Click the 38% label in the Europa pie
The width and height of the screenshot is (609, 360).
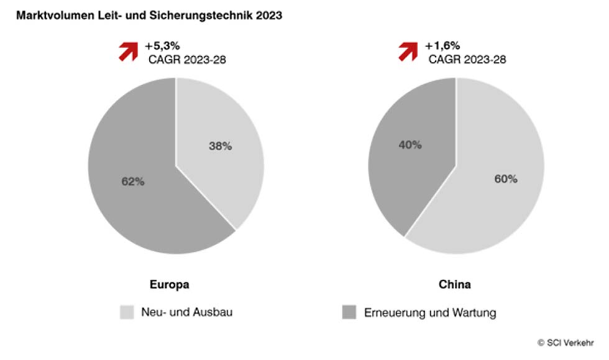pos(220,146)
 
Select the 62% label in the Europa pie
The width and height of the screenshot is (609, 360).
pos(132,182)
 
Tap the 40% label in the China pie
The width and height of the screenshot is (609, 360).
pos(410,145)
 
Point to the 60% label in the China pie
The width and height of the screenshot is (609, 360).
pos(505,179)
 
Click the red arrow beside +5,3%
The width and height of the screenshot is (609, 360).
pos(129,52)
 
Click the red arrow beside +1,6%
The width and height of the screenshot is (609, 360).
pos(409,52)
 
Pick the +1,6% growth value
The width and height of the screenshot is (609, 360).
pos(441,46)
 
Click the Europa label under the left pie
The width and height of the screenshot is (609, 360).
pos(169,285)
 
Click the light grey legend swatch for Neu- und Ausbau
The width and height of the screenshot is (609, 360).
pos(127,312)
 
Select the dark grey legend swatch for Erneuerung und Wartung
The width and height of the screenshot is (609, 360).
pos(350,312)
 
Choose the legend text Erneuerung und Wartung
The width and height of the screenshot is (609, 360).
pos(430,312)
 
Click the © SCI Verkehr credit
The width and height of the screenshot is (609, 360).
pos(565,342)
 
